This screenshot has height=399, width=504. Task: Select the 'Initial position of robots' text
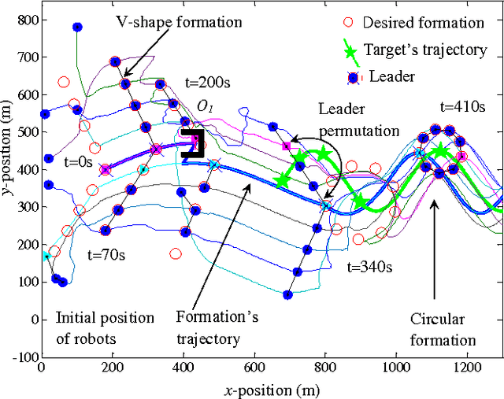tap(105, 329)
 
